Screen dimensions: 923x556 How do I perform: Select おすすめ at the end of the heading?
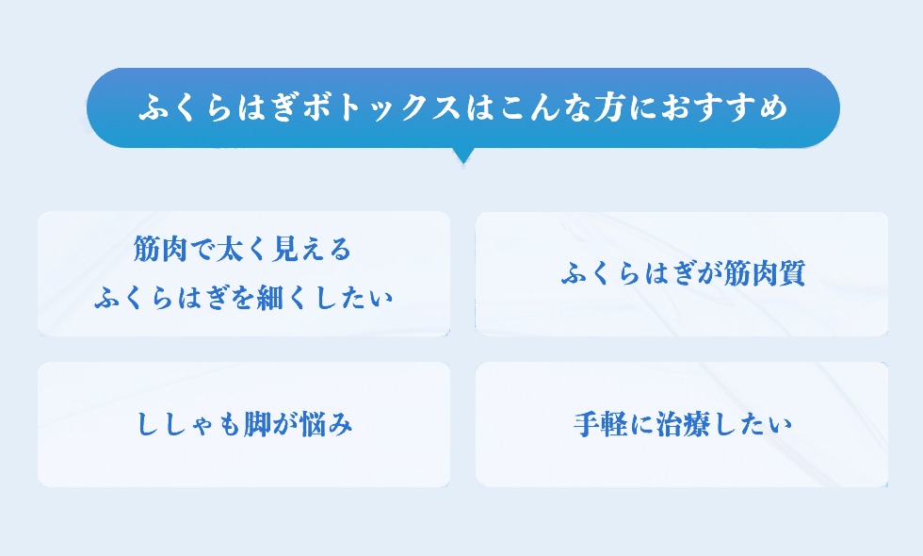coord(725,107)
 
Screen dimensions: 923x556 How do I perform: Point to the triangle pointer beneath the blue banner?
coord(463,155)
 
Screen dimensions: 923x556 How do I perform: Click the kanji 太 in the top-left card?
coord(230,250)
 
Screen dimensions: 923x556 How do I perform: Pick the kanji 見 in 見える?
coord(284,250)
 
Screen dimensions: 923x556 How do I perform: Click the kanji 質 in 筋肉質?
coord(790,274)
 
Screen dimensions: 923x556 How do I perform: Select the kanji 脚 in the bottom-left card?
coord(258,425)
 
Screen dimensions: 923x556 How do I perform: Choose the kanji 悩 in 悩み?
coord(312,425)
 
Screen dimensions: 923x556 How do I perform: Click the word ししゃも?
coord(189,425)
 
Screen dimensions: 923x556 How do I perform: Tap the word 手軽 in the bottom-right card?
coord(601,425)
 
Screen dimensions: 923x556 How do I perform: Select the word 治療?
coord(683,425)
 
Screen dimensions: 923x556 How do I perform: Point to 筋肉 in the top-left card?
coord(160,250)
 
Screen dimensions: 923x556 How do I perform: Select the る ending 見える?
coord(340,250)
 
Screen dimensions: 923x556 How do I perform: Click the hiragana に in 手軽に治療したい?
coord(641,425)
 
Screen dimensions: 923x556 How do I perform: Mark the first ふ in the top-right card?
coord(574,274)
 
